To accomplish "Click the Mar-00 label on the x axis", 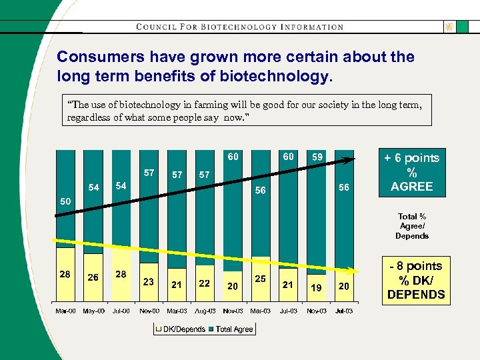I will point(65,311).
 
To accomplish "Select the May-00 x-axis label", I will point(93,311).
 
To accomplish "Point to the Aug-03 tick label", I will point(205,311).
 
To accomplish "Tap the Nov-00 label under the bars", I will point(149,311).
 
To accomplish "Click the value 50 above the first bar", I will point(65,201).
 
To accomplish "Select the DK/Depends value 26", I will point(93,277).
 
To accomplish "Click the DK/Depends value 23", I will point(149,282).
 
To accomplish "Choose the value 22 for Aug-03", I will point(205,283).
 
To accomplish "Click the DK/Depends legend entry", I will point(181,329).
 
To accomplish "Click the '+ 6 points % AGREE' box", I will point(411,172).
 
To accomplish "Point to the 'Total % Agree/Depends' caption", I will point(411,226).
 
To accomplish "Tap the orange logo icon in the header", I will point(449,27).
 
